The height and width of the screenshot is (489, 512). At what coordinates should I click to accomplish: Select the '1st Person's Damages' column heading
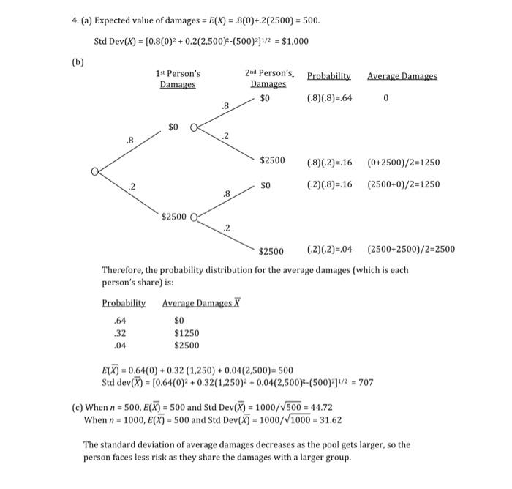tap(178, 79)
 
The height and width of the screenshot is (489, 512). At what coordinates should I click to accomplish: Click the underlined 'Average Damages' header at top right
tap(402, 76)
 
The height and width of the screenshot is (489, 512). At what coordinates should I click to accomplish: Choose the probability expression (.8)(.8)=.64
tap(329, 98)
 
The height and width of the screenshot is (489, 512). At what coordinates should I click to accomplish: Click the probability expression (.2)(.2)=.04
tap(329, 249)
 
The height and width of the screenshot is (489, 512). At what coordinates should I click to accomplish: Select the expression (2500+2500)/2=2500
tap(410, 249)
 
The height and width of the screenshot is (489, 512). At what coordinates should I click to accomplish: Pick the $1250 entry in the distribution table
tap(187, 332)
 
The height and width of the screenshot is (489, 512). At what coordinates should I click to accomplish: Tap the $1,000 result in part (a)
tap(290, 41)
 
